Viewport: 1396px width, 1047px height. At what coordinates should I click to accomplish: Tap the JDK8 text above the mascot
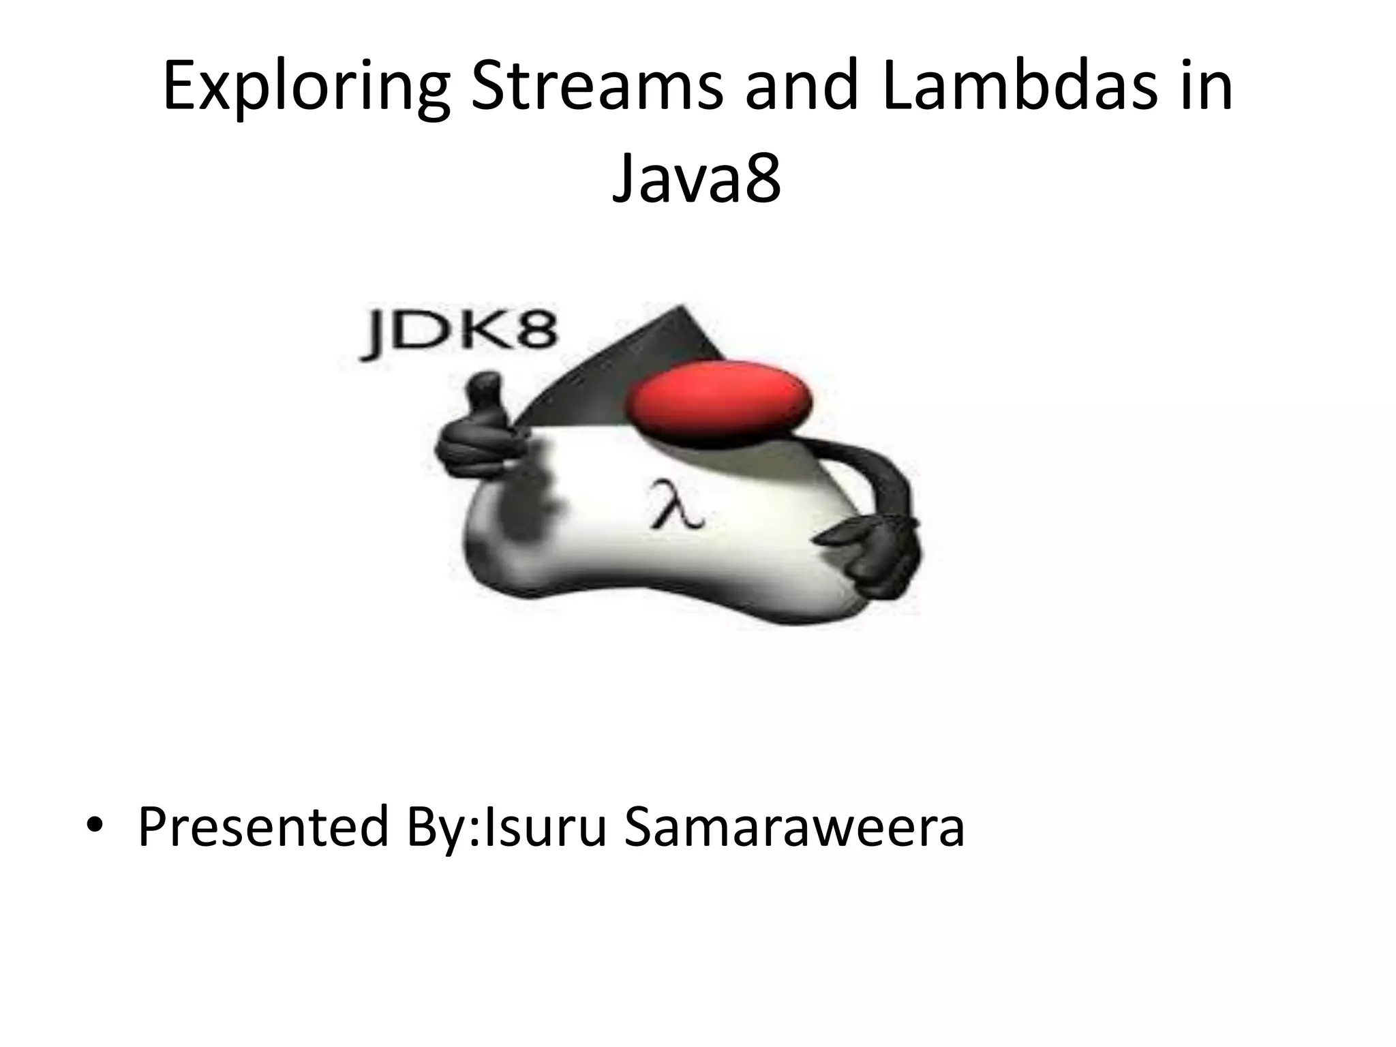458,335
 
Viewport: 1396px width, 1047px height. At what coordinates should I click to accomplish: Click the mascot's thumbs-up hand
481,429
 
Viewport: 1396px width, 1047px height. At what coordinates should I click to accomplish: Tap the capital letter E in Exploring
180,87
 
